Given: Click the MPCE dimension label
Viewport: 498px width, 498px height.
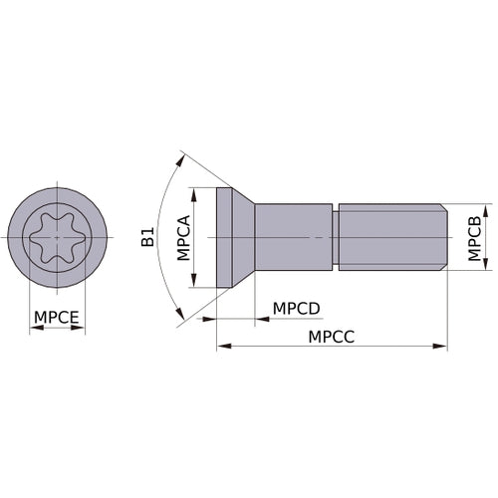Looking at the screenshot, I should coord(57,318).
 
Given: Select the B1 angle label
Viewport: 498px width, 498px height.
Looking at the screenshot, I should coord(147,236).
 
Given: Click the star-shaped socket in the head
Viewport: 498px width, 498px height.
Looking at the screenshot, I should coord(57,236).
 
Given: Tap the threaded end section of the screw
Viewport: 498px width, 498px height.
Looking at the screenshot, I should coord(392,236).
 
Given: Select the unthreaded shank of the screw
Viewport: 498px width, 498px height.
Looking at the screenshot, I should coord(294,236).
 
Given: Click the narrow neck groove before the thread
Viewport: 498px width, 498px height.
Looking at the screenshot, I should coord(336,236).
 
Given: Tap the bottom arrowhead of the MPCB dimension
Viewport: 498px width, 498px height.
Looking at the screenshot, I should coord(460,266).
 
